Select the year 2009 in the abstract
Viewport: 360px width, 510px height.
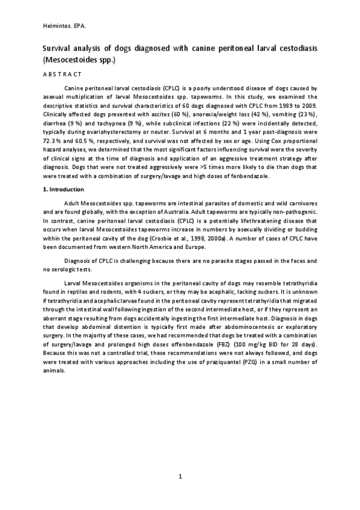pos(310,103)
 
